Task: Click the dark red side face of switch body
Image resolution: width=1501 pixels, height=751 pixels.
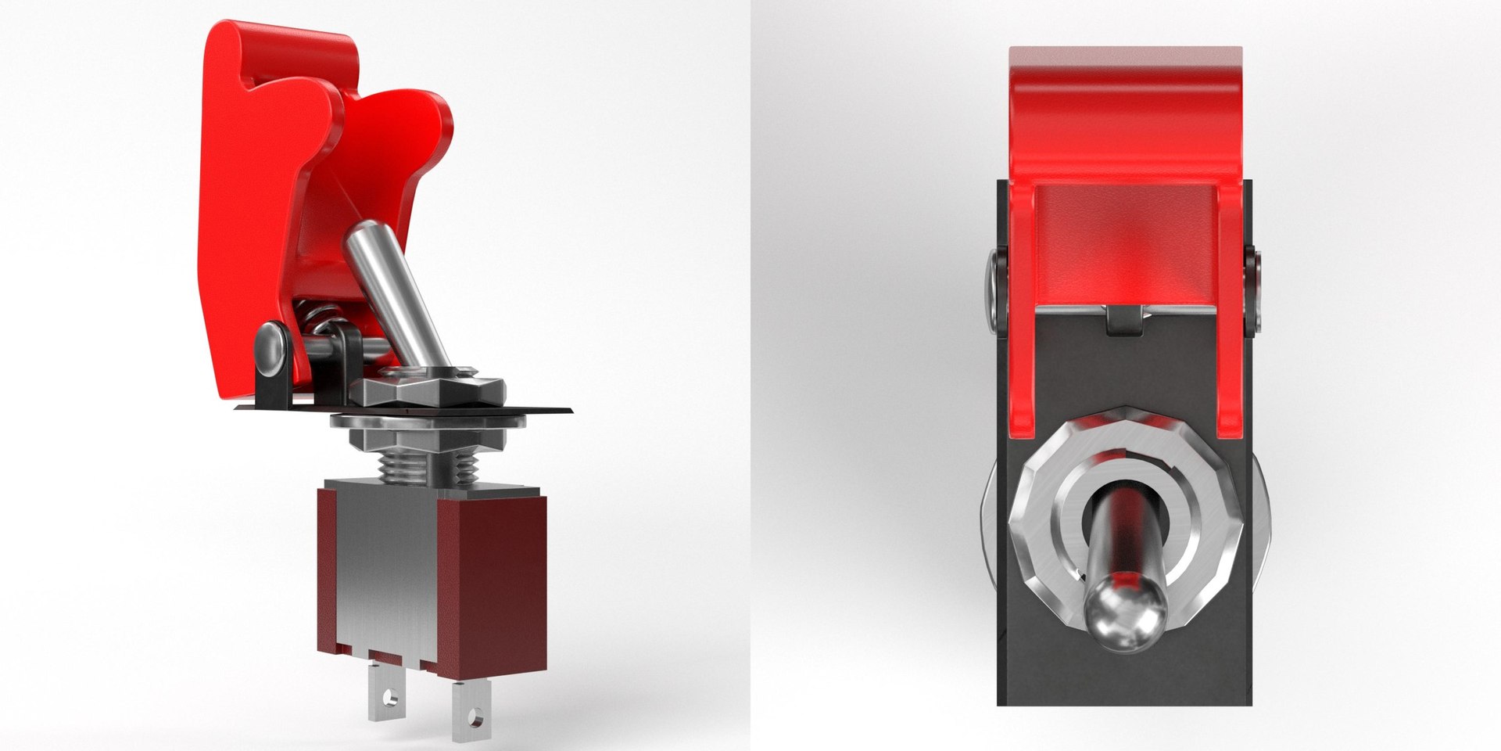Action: [493, 579]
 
